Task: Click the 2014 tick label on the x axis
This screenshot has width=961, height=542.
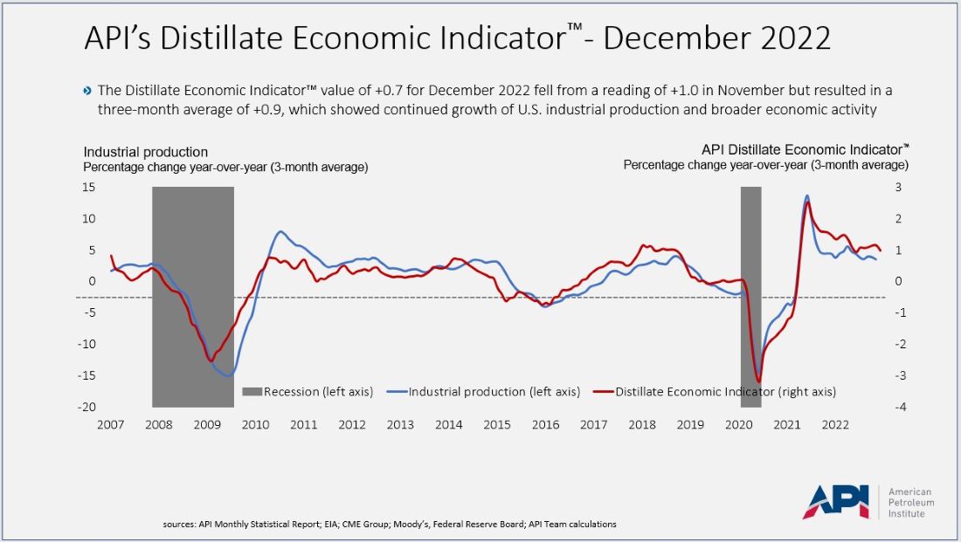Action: pyautogui.click(x=448, y=425)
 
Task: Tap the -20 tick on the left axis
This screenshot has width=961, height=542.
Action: pyautogui.click(x=87, y=408)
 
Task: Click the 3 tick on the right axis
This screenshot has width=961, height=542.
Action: pyautogui.click(x=897, y=188)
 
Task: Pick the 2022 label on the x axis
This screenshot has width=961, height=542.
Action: pyautogui.click(x=835, y=425)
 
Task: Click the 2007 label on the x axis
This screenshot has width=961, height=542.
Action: pyautogui.click(x=110, y=425)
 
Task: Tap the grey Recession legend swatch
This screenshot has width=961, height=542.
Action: pyautogui.click(x=252, y=392)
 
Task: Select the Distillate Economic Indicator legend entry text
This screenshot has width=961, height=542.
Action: pyautogui.click(x=725, y=392)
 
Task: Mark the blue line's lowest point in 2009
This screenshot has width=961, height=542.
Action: pyautogui.click(x=228, y=375)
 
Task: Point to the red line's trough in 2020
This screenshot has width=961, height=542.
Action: pyautogui.click(x=758, y=381)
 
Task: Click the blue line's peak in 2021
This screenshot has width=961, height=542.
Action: pyautogui.click(x=806, y=196)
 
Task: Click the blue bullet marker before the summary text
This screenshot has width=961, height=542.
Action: pyautogui.click(x=86, y=91)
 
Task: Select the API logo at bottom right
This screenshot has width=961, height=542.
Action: pyautogui.click(x=836, y=501)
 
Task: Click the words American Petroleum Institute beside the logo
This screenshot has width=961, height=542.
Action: pyautogui.click(x=910, y=502)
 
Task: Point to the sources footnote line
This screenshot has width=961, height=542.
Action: pyautogui.click(x=390, y=525)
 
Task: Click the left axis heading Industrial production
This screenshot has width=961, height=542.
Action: pyautogui.click(x=146, y=152)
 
